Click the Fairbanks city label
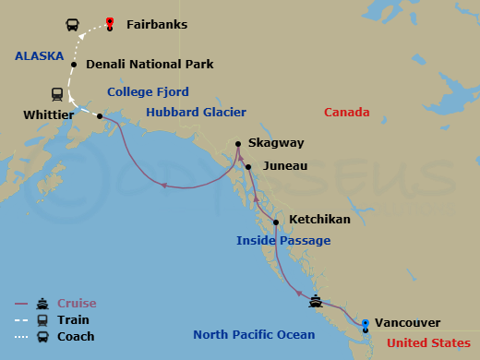point(156,24)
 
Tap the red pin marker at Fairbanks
point(110,23)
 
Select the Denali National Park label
point(150,65)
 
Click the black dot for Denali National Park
point(74,65)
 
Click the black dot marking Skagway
point(238,144)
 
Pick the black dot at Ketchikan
point(275,222)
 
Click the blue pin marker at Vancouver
point(366,323)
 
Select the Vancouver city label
point(408,323)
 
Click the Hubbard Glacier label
point(196,113)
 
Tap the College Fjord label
point(148,92)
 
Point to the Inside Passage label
point(283,241)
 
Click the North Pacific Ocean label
point(254,334)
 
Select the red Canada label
point(348,113)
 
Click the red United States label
point(431,343)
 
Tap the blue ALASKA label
point(39,55)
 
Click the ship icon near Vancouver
point(317,301)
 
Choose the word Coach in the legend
point(76,337)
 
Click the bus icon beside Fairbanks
point(72,24)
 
